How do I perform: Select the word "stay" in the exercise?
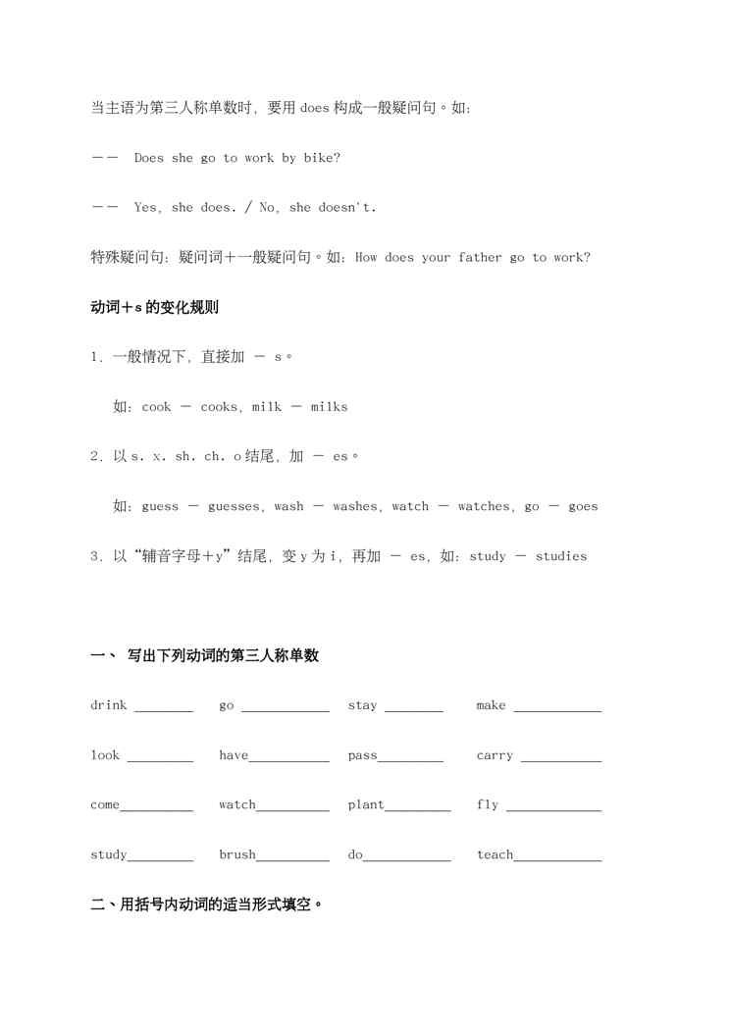362,705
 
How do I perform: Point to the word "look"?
105,755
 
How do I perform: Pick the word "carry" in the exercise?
495,755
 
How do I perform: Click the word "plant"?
366,804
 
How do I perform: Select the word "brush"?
237,854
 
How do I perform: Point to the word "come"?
105,805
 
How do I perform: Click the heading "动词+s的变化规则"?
154,307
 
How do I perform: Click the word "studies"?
561,556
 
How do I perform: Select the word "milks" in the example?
330,406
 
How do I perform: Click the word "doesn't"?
346,207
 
